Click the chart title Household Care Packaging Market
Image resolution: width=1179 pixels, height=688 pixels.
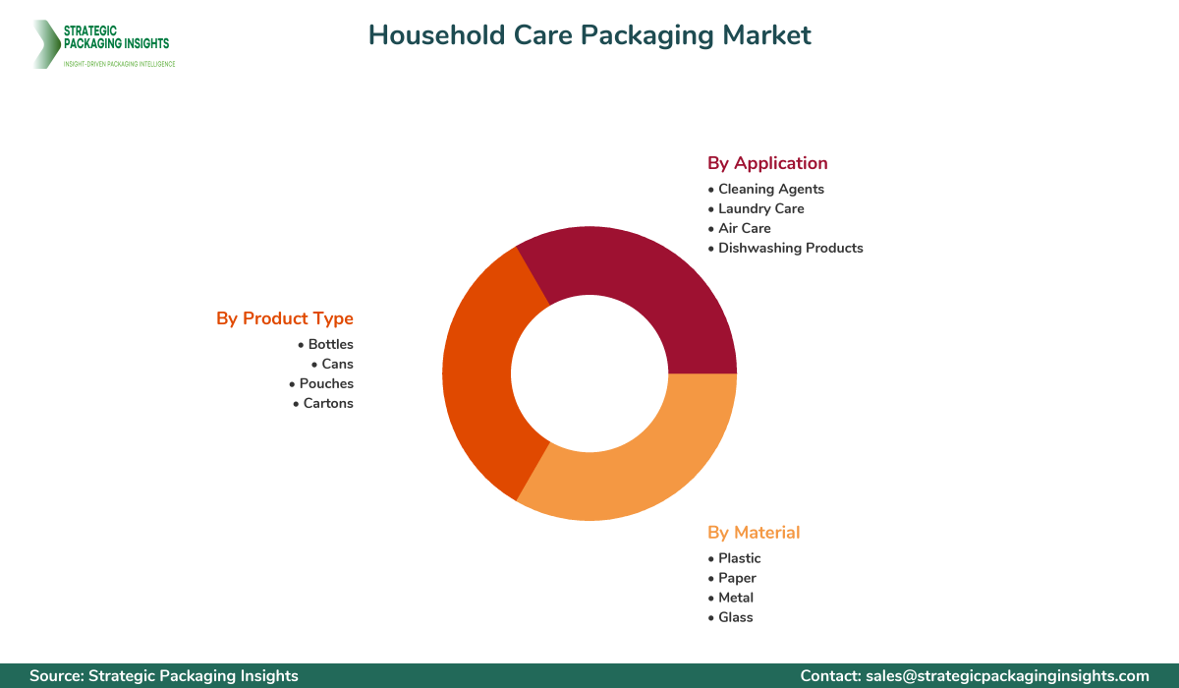point(589,35)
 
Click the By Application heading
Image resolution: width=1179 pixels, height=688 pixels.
point(767,163)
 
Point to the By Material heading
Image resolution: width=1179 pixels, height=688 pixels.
point(754,533)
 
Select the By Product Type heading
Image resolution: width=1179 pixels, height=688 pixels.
point(285,318)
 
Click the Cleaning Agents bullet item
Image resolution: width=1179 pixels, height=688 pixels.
point(771,189)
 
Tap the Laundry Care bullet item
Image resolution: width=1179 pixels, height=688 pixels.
point(760,208)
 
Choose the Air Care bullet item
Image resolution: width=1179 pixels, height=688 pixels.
point(744,228)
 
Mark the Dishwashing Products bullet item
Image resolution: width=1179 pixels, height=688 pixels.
point(790,248)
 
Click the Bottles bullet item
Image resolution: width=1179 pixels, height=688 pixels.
point(330,344)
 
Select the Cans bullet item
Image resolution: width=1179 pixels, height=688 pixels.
point(337,364)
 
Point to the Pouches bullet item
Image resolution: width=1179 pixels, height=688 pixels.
point(326,383)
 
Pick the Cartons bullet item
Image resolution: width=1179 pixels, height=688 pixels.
point(328,403)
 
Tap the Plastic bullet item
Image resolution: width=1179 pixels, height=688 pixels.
point(739,558)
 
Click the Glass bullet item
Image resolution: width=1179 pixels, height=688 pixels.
point(735,617)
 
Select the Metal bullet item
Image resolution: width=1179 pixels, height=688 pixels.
point(736,598)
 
